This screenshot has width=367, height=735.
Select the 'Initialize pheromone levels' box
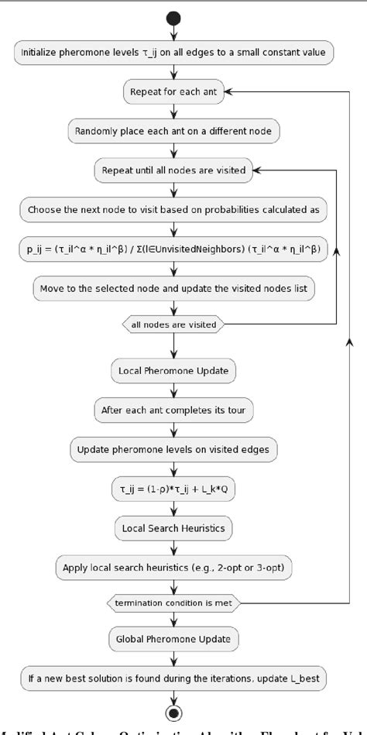[174, 53]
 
